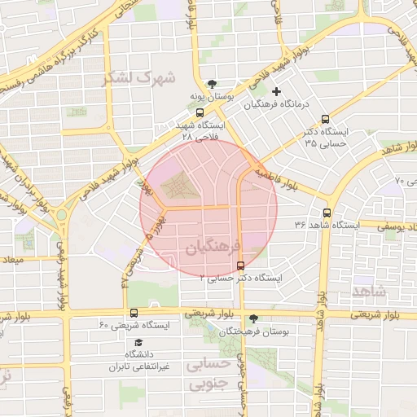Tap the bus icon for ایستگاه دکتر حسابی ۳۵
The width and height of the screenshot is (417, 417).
tap(326, 119)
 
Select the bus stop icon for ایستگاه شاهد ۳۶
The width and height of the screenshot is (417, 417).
tap(327, 213)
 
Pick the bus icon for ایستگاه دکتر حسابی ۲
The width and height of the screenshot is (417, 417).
tap(239, 266)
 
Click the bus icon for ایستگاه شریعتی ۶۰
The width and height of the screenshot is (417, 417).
tap(134, 313)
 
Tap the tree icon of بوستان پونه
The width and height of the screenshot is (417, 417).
tap(213, 84)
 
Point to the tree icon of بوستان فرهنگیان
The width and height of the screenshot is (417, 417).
tap(256, 318)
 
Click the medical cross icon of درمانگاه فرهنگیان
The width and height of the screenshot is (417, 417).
tap(277, 91)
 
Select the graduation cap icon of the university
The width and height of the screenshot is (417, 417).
tap(138, 343)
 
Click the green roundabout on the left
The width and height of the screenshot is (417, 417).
tap(61, 215)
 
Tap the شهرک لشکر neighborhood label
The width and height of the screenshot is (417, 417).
tap(128, 78)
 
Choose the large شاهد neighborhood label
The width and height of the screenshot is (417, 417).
tap(370, 291)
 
